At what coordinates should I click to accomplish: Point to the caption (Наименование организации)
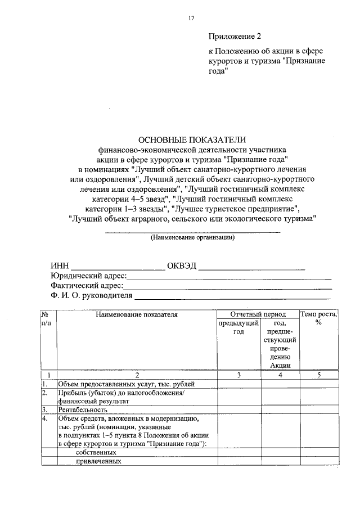[192, 237]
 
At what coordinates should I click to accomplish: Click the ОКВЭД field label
[181, 266]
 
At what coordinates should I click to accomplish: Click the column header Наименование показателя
[137, 314]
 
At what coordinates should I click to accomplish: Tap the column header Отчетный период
[258, 314]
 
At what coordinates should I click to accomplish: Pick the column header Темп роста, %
[318, 318]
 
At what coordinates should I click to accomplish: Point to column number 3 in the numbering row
[238, 375]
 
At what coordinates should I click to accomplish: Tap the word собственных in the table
[96, 452]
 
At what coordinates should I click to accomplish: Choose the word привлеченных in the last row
[99, 461]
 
